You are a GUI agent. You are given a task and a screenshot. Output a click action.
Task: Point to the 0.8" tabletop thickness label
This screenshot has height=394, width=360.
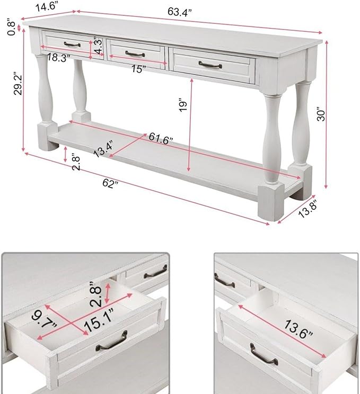[12, 27]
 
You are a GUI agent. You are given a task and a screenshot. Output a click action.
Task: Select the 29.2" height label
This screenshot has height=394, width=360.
[18, 84]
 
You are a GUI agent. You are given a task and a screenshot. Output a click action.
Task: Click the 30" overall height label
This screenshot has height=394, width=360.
[321, 115]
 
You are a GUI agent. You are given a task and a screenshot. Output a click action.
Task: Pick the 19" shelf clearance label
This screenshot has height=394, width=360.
[183, 106]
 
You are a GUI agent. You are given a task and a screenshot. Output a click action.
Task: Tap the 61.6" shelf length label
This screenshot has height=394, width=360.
[161, 138]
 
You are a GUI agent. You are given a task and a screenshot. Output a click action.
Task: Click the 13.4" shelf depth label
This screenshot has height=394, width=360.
[103, 149]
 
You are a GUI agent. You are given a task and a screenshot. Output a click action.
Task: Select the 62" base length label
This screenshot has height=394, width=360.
[110, 183]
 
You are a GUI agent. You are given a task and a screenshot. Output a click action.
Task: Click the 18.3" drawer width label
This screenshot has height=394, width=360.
[58, 57]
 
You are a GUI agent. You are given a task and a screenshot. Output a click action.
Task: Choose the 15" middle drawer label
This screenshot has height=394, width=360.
[138, 69]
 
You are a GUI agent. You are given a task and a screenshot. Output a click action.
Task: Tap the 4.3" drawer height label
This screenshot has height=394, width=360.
[99, 46]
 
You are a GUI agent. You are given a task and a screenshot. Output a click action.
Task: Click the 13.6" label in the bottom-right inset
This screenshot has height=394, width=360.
[298, 329]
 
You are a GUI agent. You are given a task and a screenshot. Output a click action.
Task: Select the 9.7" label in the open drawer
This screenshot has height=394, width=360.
[45, 319]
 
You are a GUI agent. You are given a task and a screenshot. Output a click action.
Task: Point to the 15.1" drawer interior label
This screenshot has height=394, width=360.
[99, 319]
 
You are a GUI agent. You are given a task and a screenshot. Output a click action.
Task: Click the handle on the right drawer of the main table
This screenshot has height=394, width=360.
[210, 65]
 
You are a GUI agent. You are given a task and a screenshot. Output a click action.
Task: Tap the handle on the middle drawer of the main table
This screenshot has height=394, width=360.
[135, 54]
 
